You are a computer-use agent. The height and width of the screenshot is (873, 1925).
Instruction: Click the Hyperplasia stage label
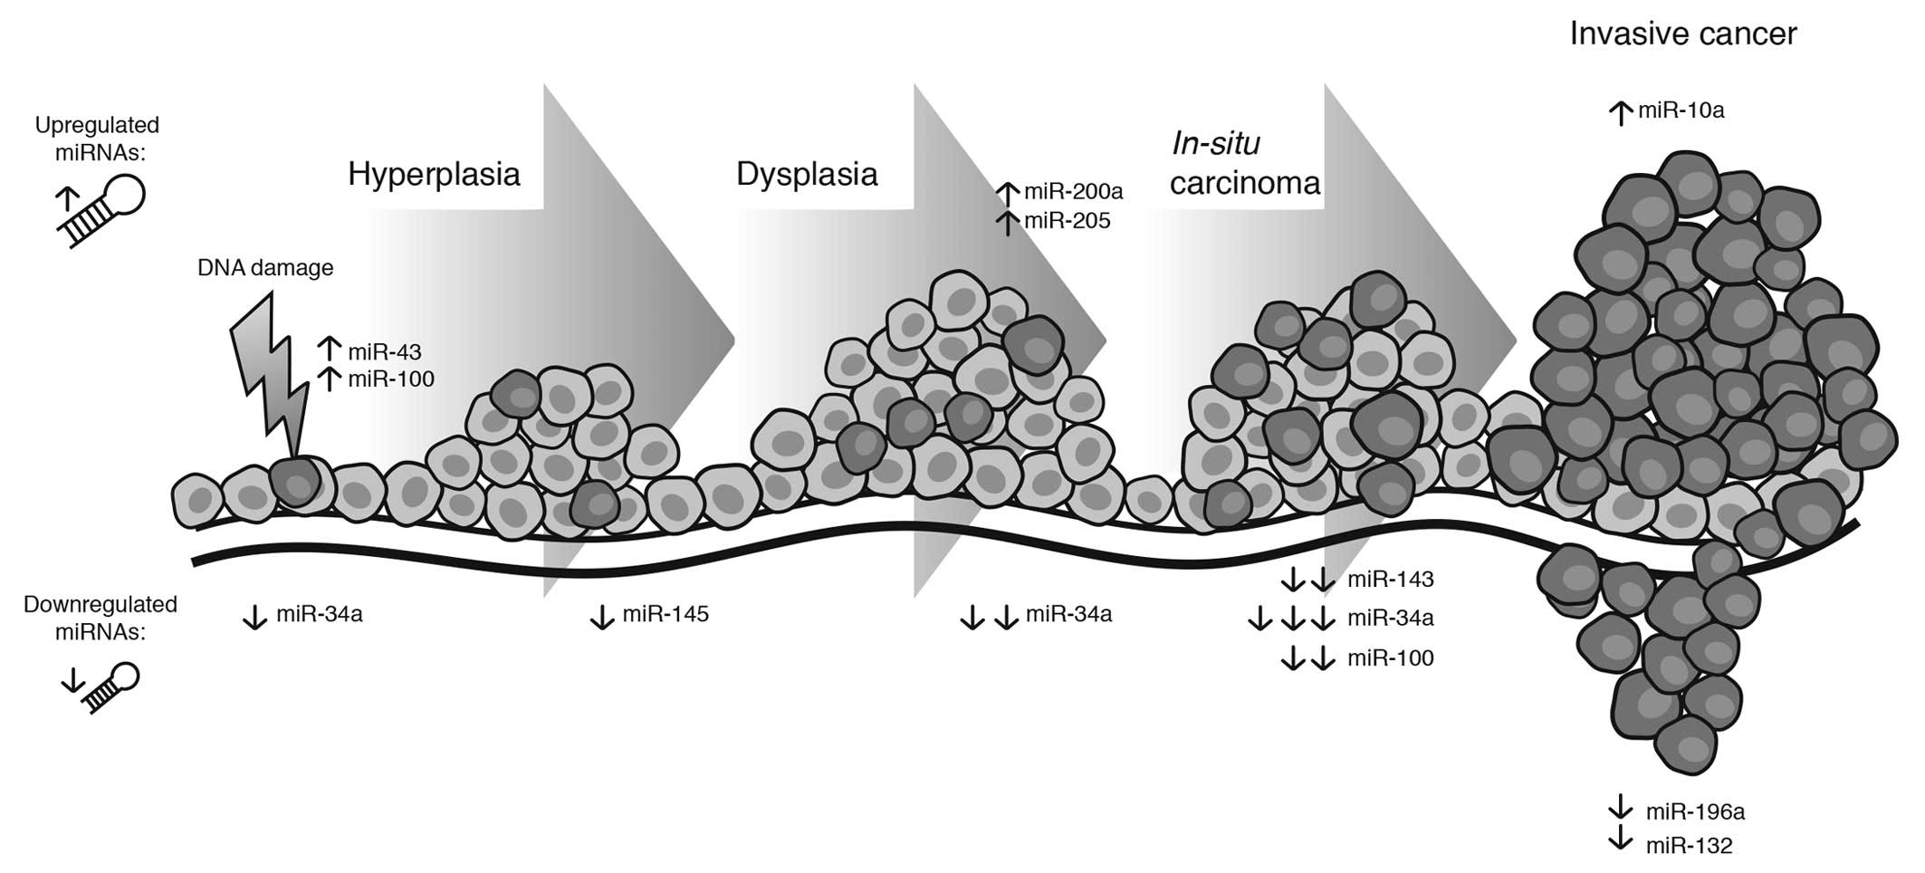(x=434, y=174)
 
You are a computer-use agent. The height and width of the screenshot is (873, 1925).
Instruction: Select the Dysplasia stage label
(x=806, y=174)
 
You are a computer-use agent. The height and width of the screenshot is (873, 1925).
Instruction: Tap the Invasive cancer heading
(x=1682, y=34)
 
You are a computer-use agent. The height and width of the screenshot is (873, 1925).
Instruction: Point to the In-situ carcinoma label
(x=1244, y=164)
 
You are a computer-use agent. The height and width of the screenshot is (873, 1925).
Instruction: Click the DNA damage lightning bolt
(x=267, y=380)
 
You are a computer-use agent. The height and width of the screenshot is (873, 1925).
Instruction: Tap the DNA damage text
(x=264, y=268)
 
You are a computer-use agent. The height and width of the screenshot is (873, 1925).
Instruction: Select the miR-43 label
(x=384, y=351)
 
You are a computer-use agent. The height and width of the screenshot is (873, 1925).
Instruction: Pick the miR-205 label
(x=1067, y=221)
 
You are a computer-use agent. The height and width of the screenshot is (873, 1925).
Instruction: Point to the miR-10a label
(x=1681, y=111)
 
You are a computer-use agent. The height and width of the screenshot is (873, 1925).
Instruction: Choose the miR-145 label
(x=666, y=615)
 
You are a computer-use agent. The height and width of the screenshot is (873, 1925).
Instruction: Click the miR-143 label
(x=1390, y=580)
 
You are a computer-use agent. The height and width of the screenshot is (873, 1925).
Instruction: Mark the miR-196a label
(x=1694, y=811)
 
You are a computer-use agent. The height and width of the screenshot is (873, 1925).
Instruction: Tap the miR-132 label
(x=1689, y=846)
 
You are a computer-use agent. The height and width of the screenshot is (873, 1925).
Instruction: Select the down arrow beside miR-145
(x=602, y=617)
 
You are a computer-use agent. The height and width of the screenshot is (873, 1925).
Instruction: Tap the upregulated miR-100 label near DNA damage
(x=390, y=379)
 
